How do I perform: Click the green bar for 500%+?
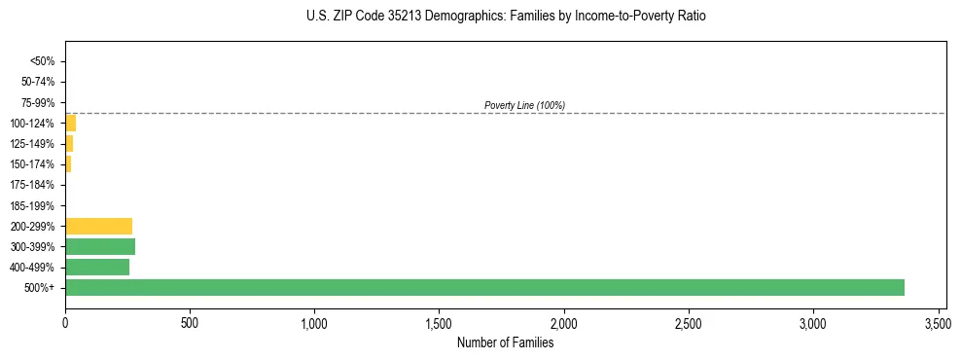coord(484,287)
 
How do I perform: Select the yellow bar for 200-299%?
coord(98,226)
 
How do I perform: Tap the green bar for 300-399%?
coord(100,246)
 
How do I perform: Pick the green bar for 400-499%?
coord(97,267)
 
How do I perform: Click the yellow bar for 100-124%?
coord(70,123)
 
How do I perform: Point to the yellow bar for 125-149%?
coord(69,143)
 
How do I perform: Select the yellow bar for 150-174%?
coord(68,163)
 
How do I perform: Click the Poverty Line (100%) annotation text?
coord(524,105)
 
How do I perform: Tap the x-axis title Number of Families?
coord(505,342)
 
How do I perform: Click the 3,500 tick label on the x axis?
coord(938,321)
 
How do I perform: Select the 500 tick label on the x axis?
coord(190,321)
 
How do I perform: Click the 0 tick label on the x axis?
coord(65,321)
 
